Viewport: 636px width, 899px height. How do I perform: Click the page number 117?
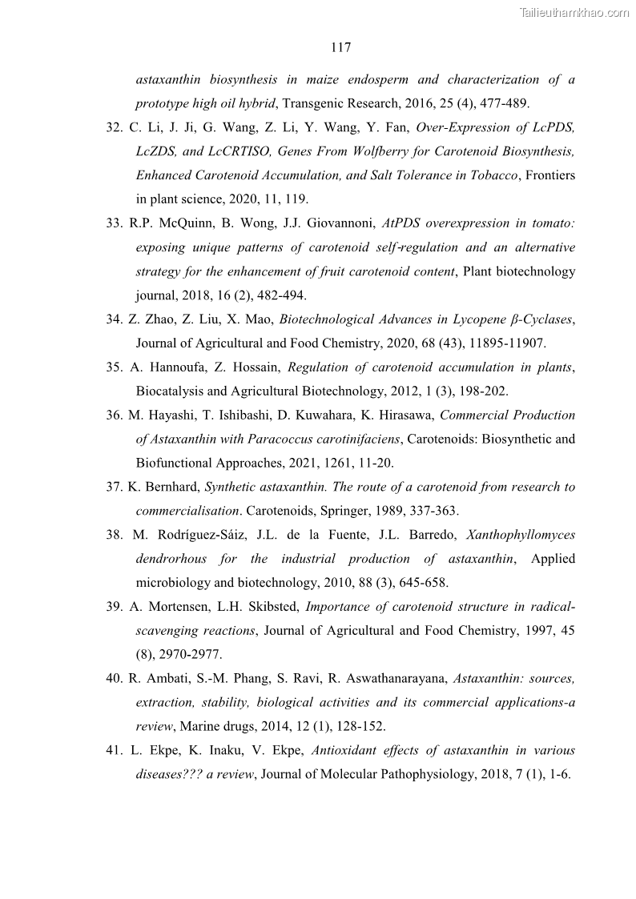tap(340, 48)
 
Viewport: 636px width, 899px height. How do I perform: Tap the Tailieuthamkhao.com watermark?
tap(574, 12)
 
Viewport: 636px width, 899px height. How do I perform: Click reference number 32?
tap(114, 127)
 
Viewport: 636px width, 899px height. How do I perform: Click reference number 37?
tap(114, 487)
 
